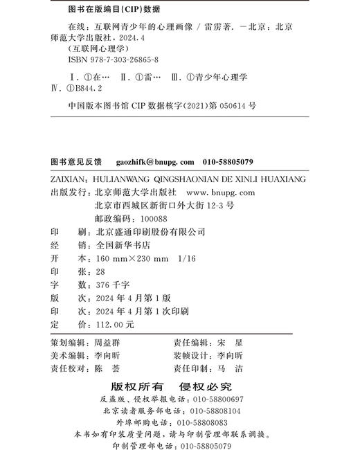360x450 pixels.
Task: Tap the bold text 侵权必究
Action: click(x=206, y=386)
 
